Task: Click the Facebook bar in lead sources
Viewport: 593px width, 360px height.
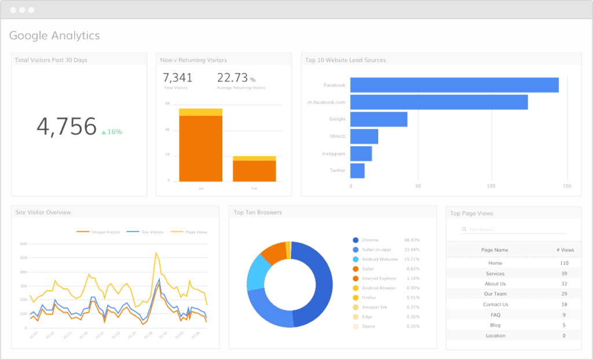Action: click(x=454, y=85)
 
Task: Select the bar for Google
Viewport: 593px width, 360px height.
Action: click(x=379, y=119)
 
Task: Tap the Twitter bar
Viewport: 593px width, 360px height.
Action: click(x=357, y=171)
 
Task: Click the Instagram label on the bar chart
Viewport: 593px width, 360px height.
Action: click(x=334, y=154)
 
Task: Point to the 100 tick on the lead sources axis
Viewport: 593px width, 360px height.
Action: click(x=492, y=186)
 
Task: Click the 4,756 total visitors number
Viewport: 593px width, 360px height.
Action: click(x=67, y=127)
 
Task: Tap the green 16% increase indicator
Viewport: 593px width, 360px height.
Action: click(x=112, y=132)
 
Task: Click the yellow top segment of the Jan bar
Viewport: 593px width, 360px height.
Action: click(x=200, y=112)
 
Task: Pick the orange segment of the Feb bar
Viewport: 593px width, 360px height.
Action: click(x=254, y=171)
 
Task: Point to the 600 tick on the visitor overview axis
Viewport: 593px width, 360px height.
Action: click(x=24, y=244)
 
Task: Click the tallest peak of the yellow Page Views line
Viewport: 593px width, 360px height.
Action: click(x=156, y=253)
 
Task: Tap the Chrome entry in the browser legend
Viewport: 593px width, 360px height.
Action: click(x=370, y=240)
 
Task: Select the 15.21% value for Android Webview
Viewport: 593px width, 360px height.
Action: click(x=412, y=259)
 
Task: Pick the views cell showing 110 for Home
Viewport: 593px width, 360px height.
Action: click(x=563, y=263)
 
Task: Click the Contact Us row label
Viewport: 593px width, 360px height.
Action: click(x=495, y=304)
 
